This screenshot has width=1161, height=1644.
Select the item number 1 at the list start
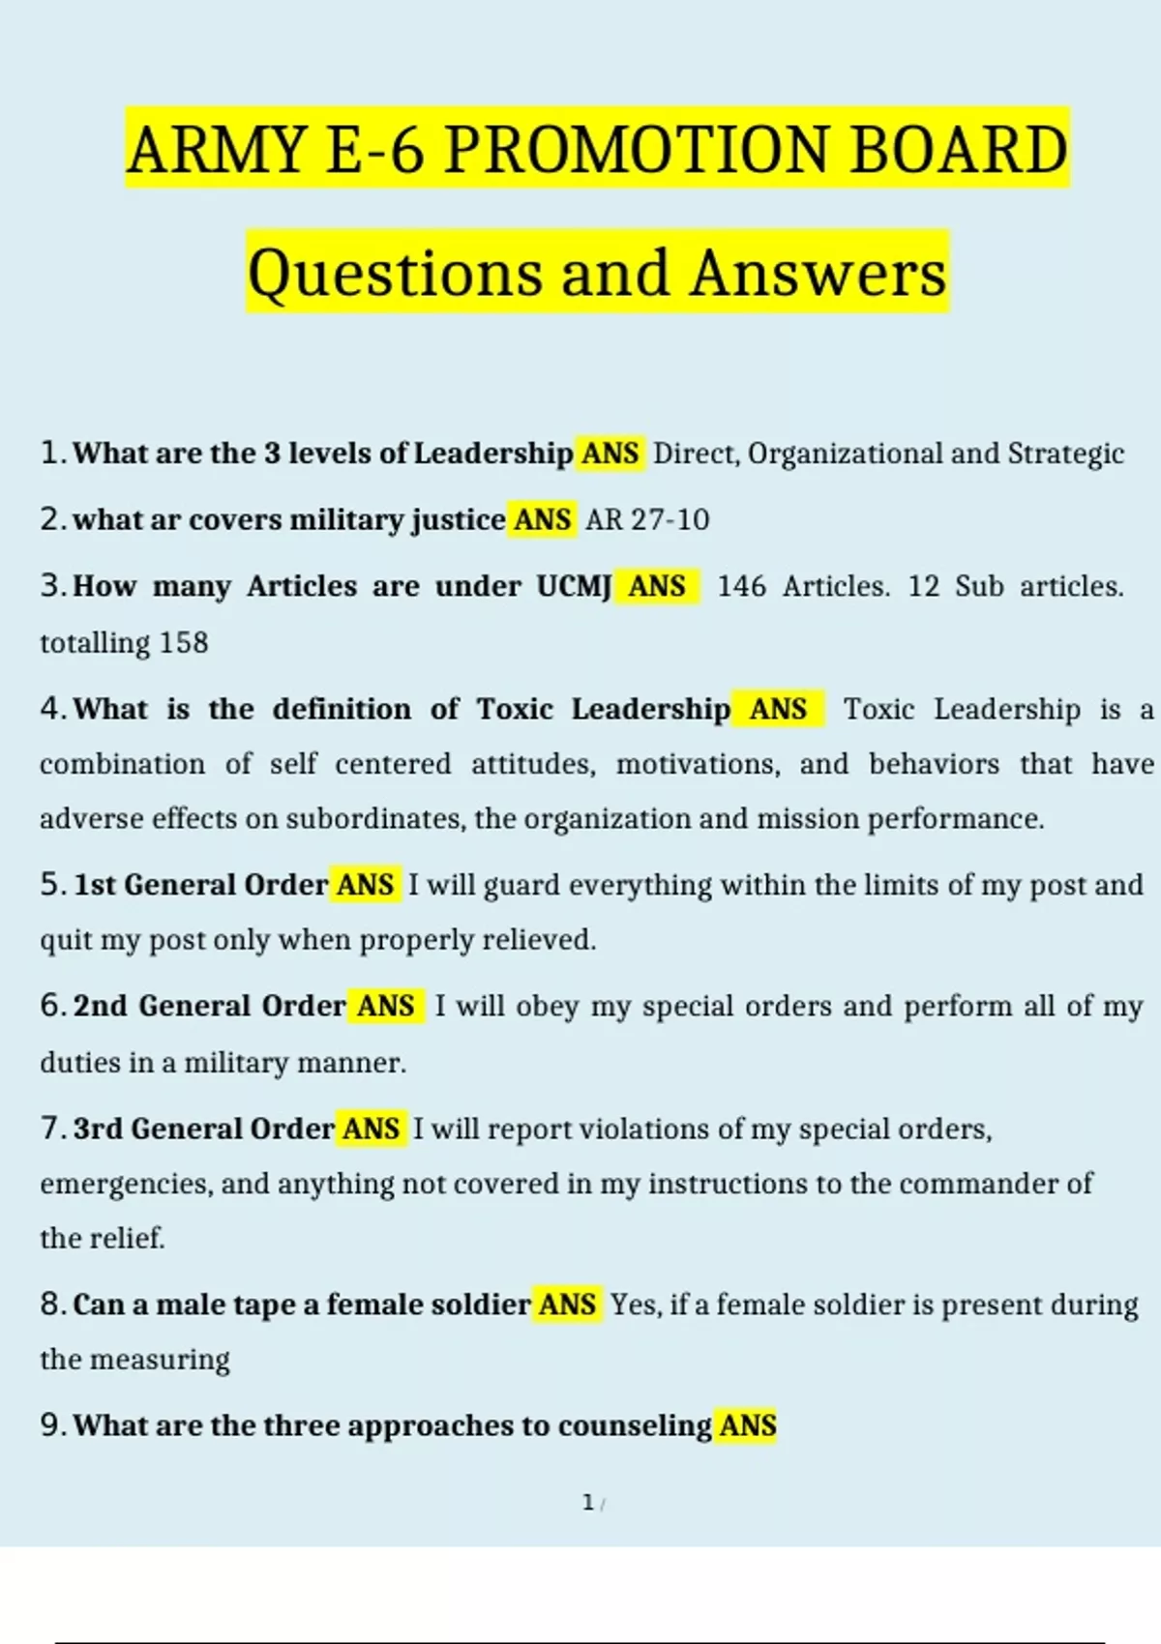point(51,453)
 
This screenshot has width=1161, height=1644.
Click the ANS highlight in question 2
point(543,519)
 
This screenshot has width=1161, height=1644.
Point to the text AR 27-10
point(647,519)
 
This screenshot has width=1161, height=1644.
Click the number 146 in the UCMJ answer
point(741,586)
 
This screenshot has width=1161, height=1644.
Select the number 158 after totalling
point(184,642)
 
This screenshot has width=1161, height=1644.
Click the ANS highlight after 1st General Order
point(365,885)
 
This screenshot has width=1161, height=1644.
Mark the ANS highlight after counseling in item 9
point(748,1425)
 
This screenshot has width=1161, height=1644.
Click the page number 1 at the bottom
point(588,1503)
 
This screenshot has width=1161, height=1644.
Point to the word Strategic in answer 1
point(1065,453)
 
